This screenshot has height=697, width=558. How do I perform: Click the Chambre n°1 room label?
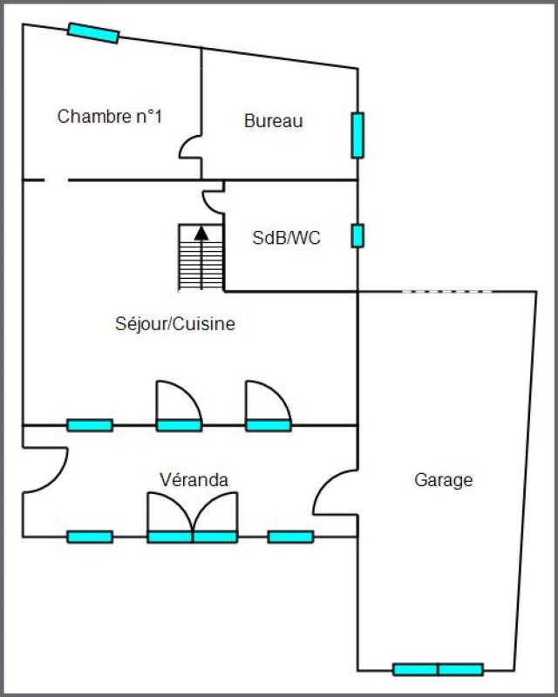110,117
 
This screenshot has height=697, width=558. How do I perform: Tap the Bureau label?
273,121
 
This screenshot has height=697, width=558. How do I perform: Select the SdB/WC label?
286,238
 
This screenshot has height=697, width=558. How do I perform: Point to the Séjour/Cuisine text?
175,324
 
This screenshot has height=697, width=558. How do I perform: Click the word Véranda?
194,480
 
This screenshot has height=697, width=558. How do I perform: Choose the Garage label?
443,480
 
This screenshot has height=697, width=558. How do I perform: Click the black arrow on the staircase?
201,258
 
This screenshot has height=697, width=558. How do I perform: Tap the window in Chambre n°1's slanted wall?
93,33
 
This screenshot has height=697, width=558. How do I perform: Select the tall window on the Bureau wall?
357,136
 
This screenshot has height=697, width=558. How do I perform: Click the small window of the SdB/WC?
357,235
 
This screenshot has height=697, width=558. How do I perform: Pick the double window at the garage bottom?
438,669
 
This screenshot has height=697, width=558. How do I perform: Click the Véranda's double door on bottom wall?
192,518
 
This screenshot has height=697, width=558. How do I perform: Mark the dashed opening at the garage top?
447,292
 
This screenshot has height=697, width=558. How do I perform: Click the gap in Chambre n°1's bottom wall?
56,180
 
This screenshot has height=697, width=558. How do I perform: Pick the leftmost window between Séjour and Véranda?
90,425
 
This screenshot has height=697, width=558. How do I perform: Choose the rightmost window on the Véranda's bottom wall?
290,537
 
